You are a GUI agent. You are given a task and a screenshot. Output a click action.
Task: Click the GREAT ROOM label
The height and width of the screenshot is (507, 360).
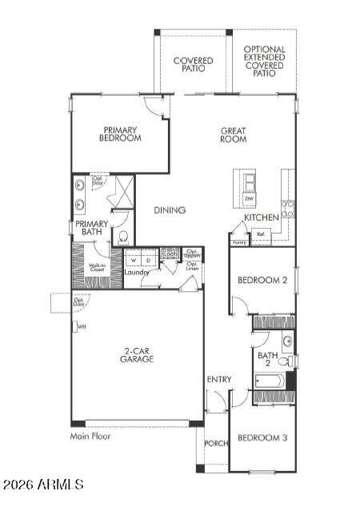234,134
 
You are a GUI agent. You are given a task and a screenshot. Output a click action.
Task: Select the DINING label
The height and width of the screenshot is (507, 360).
170,210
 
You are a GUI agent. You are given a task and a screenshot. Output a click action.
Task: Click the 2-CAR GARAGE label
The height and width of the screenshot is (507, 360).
138,355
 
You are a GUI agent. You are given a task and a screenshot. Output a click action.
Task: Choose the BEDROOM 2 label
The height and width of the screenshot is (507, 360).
262,280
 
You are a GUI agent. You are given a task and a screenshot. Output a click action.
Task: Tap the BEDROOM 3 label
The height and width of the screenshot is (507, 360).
262,437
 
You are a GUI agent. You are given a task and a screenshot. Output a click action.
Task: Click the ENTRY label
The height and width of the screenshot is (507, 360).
218,379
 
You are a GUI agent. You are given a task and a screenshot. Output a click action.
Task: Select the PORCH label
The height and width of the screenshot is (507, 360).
216,443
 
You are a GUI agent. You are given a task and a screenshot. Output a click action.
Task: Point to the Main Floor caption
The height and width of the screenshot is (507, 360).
90,437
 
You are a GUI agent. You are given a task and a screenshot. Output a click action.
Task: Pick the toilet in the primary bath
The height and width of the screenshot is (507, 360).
123,237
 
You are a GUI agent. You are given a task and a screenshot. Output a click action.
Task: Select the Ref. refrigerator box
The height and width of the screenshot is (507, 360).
261,235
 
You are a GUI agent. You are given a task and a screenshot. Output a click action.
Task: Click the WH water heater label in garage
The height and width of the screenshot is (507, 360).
82,326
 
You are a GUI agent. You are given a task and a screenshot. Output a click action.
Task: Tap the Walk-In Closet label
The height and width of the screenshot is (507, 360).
98,267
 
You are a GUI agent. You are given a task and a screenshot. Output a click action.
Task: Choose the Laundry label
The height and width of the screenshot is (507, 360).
137,273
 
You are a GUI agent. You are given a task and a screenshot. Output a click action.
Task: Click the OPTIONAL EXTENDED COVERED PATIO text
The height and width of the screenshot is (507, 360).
264,61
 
